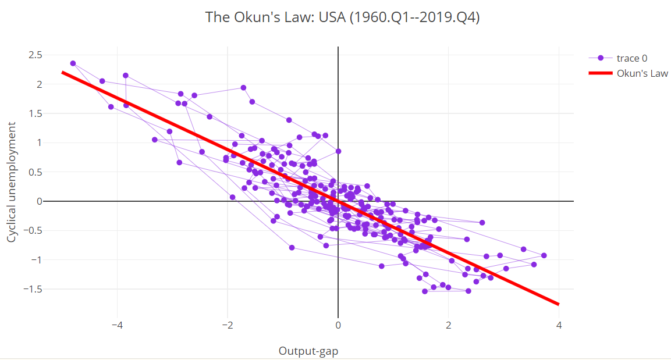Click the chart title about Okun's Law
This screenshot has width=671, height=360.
coord(342,17)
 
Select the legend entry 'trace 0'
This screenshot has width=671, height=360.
coord(632,58)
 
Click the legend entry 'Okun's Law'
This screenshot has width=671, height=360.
coord(642,73)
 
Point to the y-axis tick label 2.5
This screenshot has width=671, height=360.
coord(36,55)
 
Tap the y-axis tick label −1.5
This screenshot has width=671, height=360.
coord(33,289)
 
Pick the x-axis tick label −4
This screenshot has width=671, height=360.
coord(117,325)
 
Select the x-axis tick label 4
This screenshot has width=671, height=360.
coord(559,325)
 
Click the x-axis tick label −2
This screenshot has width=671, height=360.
coord(228,325)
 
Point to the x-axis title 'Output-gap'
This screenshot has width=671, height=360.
coord(308,351)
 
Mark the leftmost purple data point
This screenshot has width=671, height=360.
coord(73,63)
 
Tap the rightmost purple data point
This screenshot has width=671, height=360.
coord(544,255)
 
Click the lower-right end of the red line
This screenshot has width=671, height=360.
coord(558,304)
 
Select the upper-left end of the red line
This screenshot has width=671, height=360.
coord(63,73)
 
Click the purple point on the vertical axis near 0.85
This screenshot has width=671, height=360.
coord(338,151)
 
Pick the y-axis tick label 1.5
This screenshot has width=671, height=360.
coord(36,113)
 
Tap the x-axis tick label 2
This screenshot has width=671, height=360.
coord(449,325)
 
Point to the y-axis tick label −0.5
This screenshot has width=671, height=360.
coord(33,231)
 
